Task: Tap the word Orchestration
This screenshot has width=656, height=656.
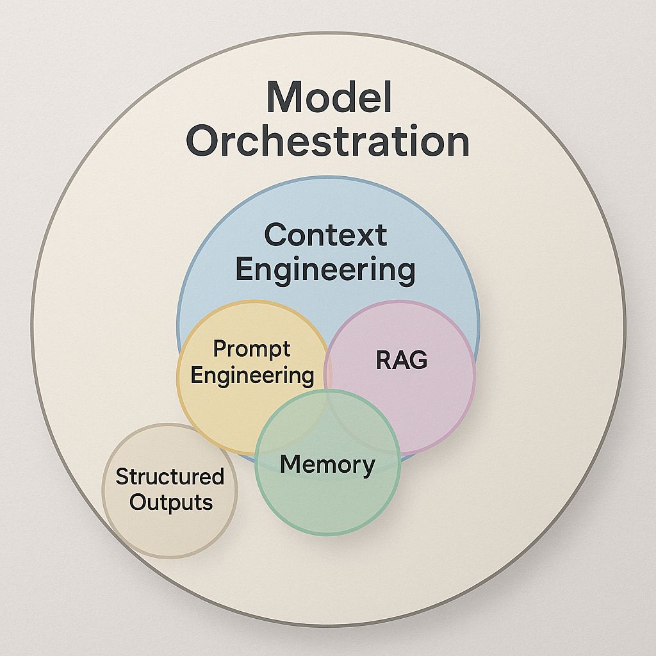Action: coord(327,142)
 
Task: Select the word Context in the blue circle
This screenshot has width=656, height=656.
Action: coord(325,235)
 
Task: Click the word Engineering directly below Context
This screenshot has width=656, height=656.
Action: coord(325,270)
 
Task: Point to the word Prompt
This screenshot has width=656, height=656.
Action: coord(252,350)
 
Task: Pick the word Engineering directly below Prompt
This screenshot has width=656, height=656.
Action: coord(252,375)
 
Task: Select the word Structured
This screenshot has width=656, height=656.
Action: coord(170,477)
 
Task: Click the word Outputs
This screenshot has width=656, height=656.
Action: coord(170,502)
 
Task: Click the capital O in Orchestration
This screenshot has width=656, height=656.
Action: coord(203,142)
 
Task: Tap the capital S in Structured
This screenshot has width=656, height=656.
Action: coord(121,477)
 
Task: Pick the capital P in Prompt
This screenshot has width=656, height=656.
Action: coord(219,349)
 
